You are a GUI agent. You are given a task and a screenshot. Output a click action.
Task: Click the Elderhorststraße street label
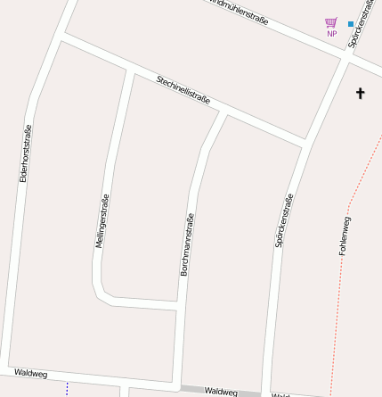coord(25,153)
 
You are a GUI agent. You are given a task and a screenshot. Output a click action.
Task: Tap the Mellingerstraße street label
coord(102,220)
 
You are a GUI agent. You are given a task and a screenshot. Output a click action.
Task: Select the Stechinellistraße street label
coord(183,90)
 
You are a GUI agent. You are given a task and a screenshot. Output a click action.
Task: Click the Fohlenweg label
coord(345,236)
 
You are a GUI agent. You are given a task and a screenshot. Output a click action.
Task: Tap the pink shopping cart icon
coord(331,22)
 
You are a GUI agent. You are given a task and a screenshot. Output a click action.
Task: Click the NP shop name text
coord(331,34)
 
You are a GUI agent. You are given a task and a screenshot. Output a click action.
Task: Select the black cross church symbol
coord(361,93)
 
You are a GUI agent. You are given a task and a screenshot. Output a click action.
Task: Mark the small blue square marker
coord(351,23)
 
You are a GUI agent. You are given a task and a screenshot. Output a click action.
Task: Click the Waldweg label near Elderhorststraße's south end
coord(30,373)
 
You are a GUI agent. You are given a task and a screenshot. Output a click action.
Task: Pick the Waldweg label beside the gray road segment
coord(221,391)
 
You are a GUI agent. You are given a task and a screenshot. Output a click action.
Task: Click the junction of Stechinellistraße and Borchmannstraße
coord(221,112)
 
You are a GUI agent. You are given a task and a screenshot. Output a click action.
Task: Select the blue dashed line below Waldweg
coord(67,390)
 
